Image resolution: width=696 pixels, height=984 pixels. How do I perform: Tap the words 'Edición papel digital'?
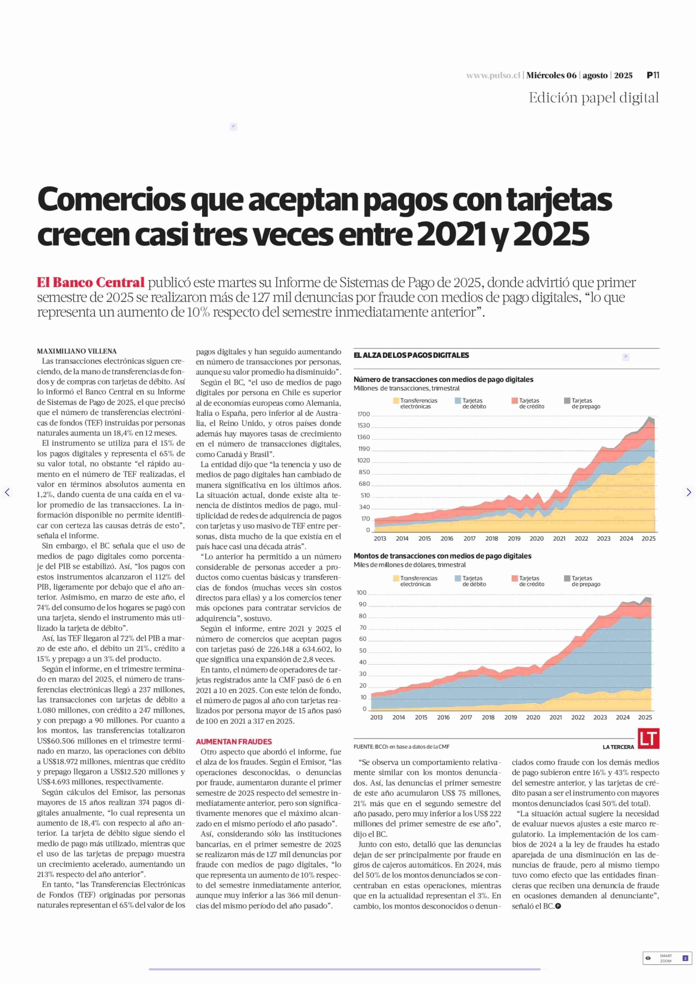(x=594, y=98)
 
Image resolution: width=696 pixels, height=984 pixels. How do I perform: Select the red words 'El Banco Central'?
(x=90, y=283)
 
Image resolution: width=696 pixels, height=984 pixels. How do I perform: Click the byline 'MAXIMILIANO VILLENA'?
(x=77, y=351)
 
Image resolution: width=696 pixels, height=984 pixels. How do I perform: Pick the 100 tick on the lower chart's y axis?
(x=362, y=593)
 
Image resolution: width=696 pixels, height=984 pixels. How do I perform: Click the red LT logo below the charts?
(x=648, y=738)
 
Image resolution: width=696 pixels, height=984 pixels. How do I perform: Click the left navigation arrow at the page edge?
(x=7, y=492)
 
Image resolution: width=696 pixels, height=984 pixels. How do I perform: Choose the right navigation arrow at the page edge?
(x=688, y=492)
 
